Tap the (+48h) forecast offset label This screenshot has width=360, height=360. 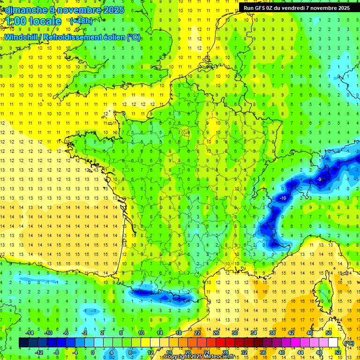pos(81,21)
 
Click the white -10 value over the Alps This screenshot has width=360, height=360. pos(283,198)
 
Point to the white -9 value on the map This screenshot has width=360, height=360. pos(319,179)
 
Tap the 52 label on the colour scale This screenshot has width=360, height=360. pos(337,352)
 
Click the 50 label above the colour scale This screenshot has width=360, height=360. pos(328,332)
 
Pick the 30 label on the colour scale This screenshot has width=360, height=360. pos(235,332)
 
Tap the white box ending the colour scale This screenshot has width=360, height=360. pos(333,343)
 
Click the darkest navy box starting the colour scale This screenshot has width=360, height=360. pos(23,343)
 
